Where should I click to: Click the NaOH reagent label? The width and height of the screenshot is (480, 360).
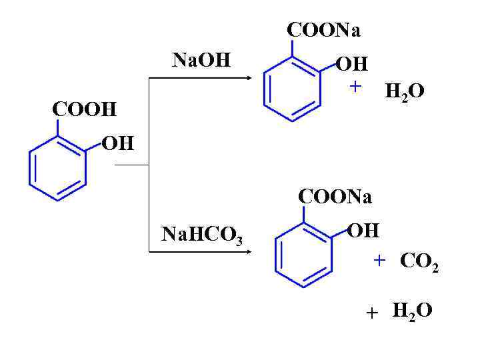point(201,61)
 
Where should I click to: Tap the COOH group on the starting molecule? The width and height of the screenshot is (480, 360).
point(84,109)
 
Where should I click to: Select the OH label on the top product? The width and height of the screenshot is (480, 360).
point(351,65)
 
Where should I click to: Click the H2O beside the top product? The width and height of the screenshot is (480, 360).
point(405,92)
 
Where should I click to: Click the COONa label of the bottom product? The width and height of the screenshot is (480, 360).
point(335,197)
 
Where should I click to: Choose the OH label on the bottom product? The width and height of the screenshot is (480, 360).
point(364,231)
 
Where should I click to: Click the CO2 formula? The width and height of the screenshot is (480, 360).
point(418,261)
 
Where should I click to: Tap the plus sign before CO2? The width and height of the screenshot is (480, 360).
point(379,260)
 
